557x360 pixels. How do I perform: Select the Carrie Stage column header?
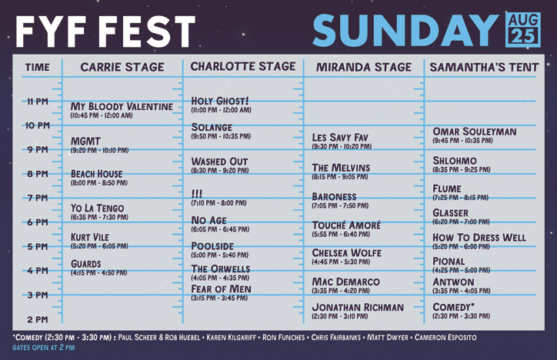(122, 67)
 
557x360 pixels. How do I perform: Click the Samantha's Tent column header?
(484, 67)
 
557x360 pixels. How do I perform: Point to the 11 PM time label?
(36, 101)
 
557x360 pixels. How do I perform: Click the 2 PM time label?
(37, 319)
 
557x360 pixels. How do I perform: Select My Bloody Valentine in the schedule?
(122, 106)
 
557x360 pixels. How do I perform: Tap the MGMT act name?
(85, 142)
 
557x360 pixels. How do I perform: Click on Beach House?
(96, 174)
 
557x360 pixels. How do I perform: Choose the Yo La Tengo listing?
(97, 208)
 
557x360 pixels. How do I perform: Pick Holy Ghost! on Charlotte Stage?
(220, 101)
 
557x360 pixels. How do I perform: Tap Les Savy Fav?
(340, 138)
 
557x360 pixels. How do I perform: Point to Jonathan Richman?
(357, 308)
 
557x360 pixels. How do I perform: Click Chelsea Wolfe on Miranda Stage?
(346, 252)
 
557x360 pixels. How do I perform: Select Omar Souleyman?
(474, 132)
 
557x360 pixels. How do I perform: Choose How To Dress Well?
(479, 238)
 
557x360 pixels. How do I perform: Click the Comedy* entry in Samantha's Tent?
(453, 307)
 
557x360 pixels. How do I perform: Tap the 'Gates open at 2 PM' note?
(44, 348)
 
